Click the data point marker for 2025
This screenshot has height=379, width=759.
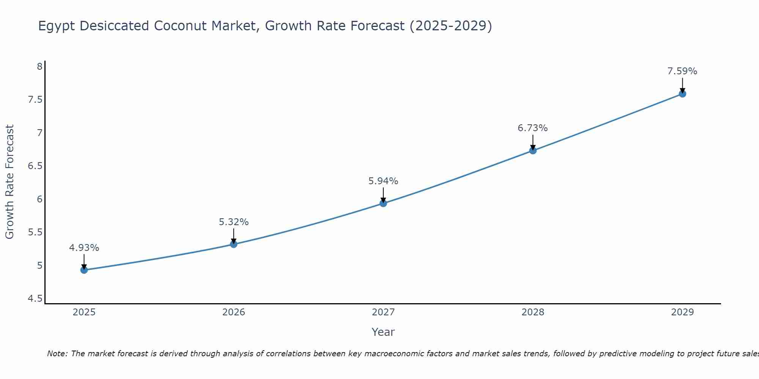84,270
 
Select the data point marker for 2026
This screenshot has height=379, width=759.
234,244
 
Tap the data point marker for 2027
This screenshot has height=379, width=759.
383,203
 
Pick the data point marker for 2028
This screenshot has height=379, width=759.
533,150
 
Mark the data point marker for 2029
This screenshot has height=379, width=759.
682,94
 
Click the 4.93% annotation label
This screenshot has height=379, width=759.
84,248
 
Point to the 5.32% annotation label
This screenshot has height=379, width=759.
234,222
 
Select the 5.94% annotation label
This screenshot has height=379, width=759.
383,181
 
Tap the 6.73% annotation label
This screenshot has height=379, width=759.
533,128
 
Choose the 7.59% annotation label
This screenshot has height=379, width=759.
682,71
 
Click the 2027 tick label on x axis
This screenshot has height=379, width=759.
383,312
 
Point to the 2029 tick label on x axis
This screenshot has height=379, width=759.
682,312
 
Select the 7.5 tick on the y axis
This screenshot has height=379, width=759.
35,100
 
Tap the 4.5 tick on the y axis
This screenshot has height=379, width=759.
35,299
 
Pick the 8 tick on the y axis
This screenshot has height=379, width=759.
39,67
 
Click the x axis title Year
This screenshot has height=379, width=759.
383,332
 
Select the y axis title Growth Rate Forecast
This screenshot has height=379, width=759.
9,182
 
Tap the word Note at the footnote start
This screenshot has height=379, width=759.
57,354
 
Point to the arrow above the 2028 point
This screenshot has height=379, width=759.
533,142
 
